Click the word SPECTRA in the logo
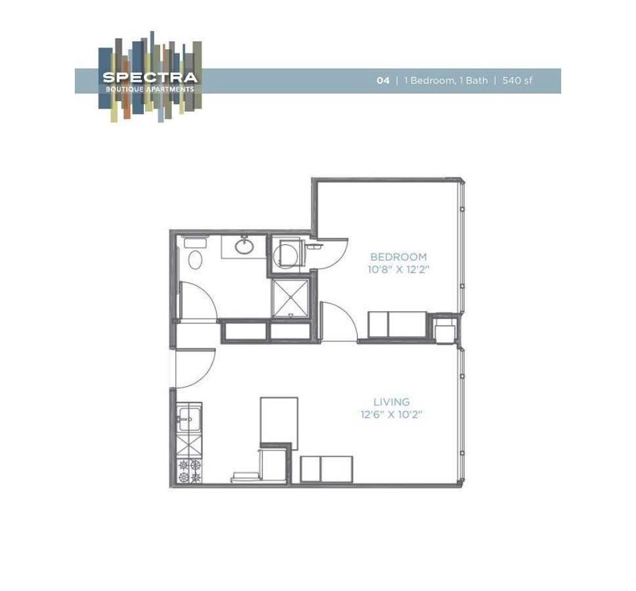[150, 77]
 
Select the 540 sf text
[517, 81]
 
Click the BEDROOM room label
[398, 257]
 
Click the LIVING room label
[392, 402]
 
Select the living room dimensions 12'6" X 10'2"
[392, 414]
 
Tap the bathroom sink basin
[245, 247]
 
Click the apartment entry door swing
[195, 368]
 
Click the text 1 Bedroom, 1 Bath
[446, 81]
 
